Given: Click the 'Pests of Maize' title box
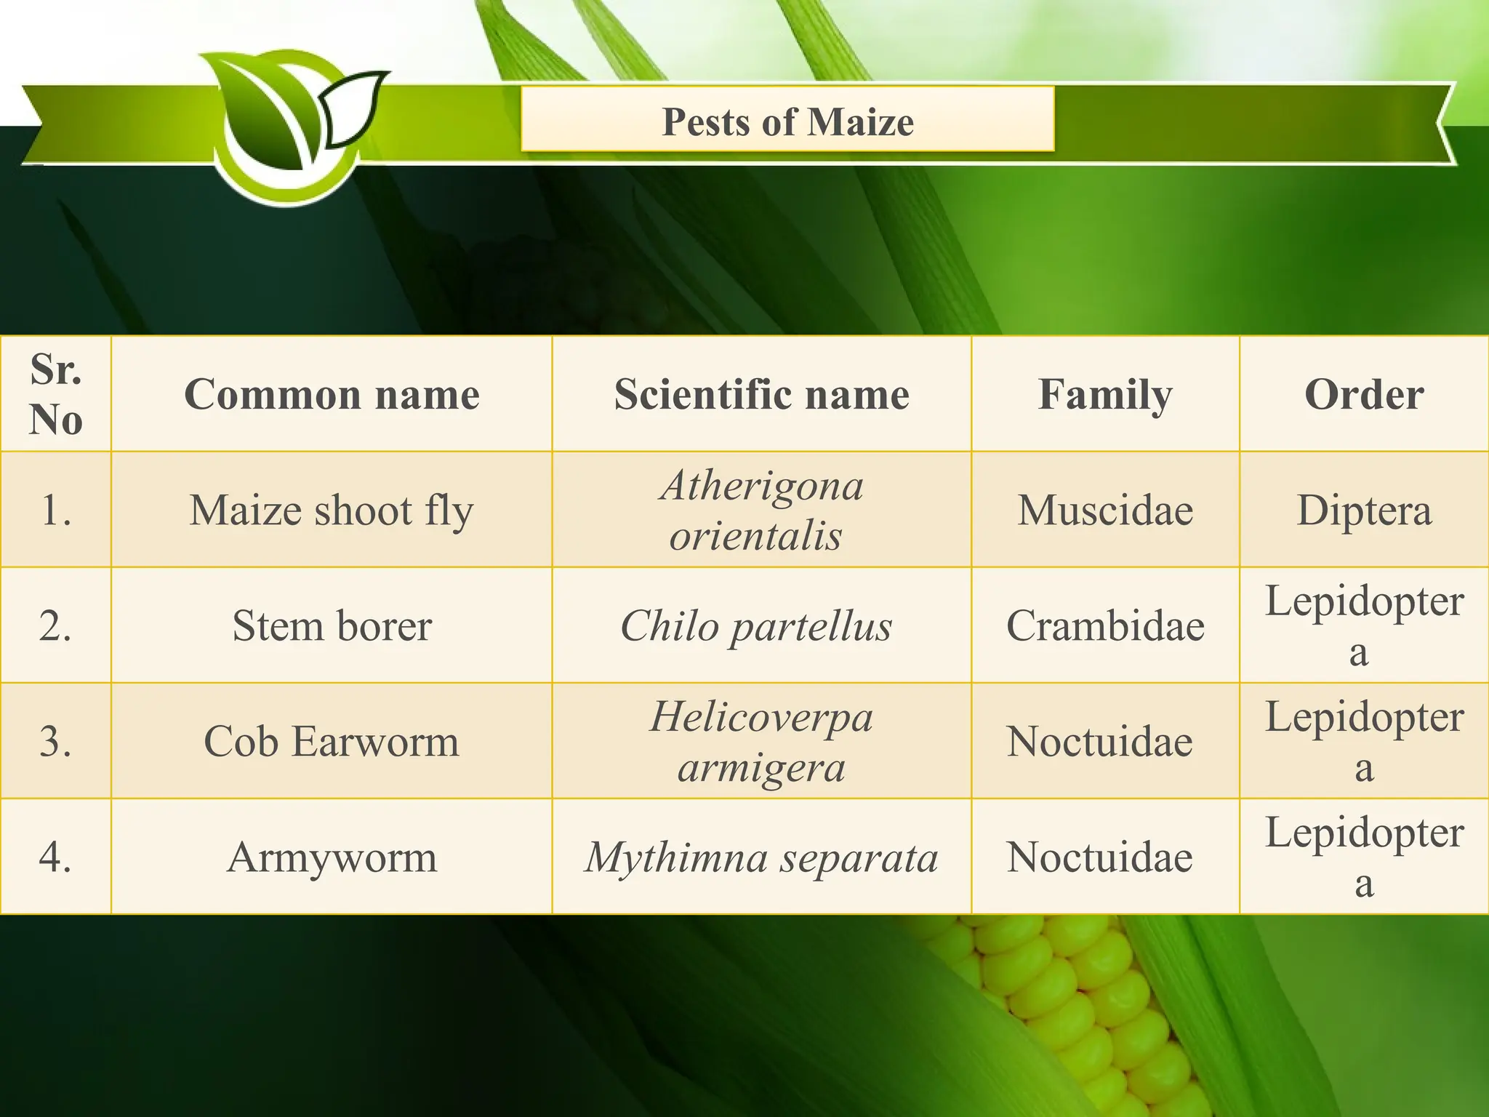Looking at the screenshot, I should point(787,120).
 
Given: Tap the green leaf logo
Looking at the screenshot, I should point(291,124).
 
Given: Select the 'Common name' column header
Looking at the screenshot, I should point(332,394).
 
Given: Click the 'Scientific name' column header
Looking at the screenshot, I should point(761,394).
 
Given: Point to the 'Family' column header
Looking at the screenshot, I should point(1105,394).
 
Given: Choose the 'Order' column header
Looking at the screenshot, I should point(1364,394).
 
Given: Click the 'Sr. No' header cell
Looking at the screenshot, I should point(56,394).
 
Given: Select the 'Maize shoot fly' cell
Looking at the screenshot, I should point(332,510).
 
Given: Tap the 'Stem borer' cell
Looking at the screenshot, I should point(332,625).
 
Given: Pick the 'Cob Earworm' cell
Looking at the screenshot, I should point(332,741).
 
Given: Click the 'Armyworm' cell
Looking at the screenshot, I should point(332,857).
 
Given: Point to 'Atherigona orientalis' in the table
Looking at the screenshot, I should point(761,510).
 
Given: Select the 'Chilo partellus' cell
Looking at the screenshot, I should point(756,625).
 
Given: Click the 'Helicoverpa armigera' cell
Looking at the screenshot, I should point(761,741).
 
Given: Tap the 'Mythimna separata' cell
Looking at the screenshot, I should point(761,857).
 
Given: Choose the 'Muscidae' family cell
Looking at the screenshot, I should point(1105,510).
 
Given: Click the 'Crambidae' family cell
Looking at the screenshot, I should point(1105,625).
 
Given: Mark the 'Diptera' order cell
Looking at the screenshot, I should point(1364,510).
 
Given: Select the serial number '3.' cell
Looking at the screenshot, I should point(56,741).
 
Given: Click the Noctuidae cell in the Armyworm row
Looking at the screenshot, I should point(1099,857).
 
